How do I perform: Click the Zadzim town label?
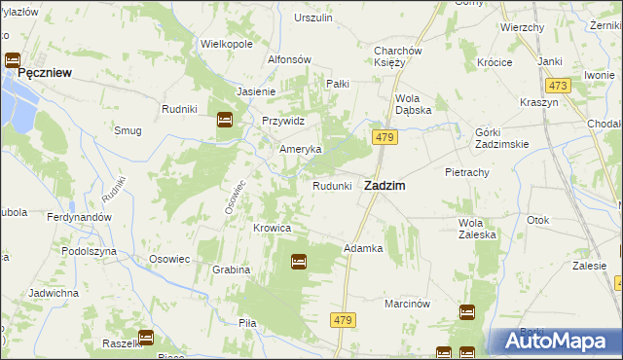(385, 185)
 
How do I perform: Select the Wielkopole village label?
(226, 44)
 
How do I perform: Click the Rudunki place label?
(331, 186)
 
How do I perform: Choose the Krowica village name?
(273, 228)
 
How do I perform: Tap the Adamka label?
(363, 248)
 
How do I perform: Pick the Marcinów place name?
(407, 303)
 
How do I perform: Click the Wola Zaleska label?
(477, 228)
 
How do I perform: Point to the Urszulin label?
(313, 18)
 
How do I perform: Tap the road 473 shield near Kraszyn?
(558, 86)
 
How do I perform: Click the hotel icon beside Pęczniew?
(13, 59)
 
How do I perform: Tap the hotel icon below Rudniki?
(224, 120)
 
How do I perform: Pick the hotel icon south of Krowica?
(299, 261)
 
